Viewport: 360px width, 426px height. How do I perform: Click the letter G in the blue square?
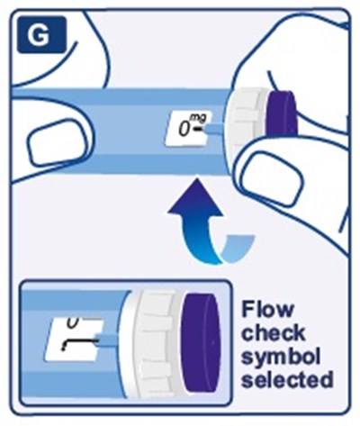[x=39, y=35]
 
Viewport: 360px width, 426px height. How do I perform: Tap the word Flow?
[x=268, y=309]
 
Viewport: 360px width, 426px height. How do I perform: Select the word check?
[x=274, y=332]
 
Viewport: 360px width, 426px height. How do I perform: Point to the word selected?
[x=287, y=380]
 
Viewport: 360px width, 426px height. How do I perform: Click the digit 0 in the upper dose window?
[x=184, y=129]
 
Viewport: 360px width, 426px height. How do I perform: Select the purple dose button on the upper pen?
[x=282, y=113]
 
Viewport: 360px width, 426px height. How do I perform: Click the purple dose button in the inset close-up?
[x=202, y=343]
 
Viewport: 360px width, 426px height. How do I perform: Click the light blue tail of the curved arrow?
[x=238, y=247]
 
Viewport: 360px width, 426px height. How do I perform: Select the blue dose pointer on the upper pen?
[x=215, y=130]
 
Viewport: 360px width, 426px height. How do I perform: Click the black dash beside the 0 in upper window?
[x=199, y=130]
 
